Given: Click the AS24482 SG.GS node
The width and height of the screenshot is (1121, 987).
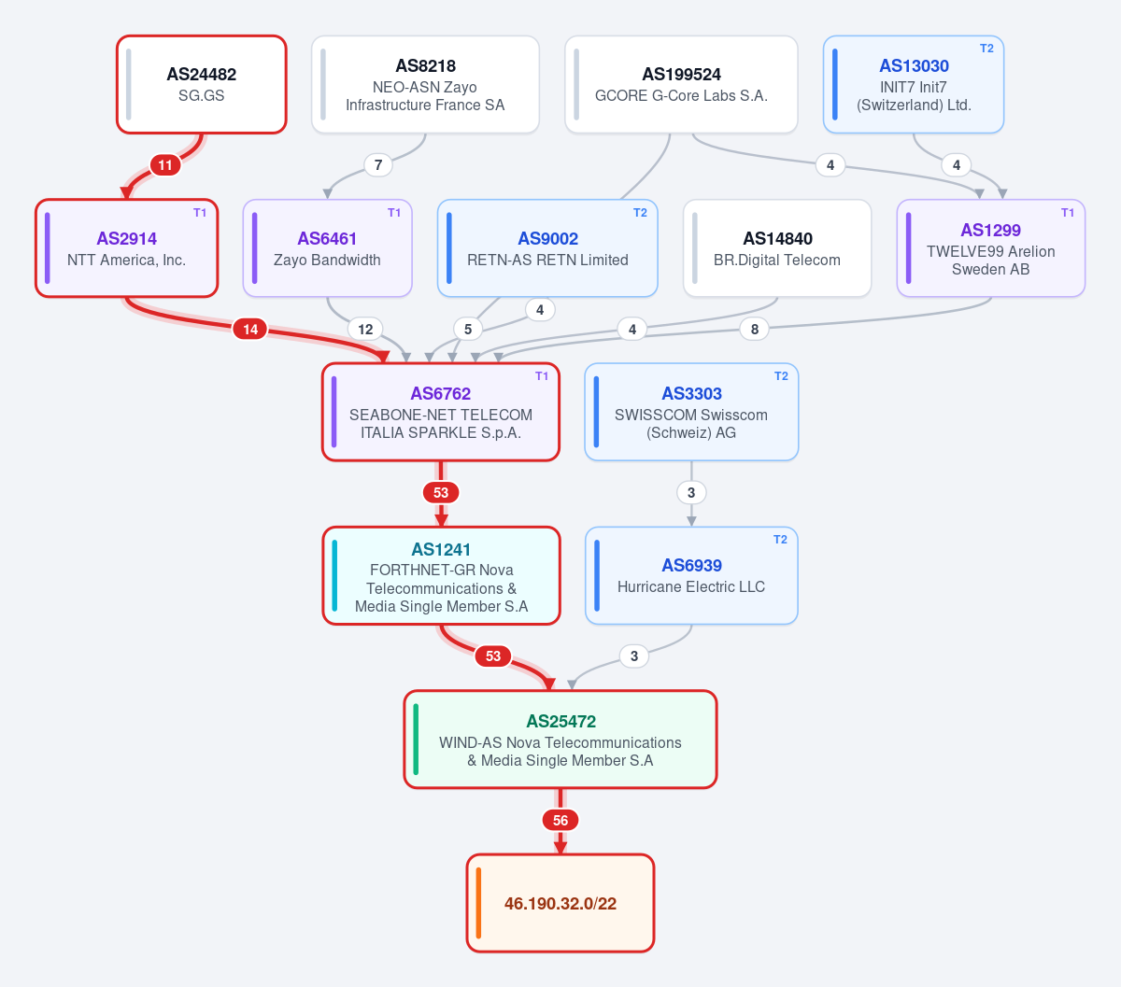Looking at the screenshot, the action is pyautogui.click(x=202, y=85).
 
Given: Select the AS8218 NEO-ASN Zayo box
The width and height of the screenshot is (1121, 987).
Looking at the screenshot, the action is pyautogui.click(x=425, y=85).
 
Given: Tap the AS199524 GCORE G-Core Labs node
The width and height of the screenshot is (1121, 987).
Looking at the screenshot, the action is pyautogui.click(x=681, y=85).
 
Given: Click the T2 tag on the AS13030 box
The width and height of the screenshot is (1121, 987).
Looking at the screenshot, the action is pyautogui.click(x=986, y=49).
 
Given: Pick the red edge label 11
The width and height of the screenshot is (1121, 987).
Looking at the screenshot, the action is pyautogui.click(x=165, y=165).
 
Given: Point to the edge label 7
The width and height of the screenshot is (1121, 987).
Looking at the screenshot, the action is pyautogui.click(x=378, y=165).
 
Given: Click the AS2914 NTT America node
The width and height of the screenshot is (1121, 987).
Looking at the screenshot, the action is pyautogui.click(x=127, y=248).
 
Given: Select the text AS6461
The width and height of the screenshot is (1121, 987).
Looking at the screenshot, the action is pyautogui.click(x=327, y=238).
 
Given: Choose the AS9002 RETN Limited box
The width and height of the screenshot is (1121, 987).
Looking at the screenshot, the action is pyautogui.click(x=547, y=248).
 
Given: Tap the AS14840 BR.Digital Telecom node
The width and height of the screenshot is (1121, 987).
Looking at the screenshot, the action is pyautogui.click(x=777, y=248).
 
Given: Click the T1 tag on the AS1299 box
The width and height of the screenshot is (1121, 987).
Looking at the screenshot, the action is pyautogui.click(x=1068, y=213).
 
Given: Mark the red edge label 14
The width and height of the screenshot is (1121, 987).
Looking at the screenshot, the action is pyautogui.click(x=250, y=330).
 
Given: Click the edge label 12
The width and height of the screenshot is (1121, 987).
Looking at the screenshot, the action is pyautogui.click(x=365, y=330).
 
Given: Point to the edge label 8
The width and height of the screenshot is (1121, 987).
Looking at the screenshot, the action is pyautogui.click(x=754, y=330).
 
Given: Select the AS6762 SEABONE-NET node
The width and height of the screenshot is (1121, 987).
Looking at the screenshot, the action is pyautogui.click(x=441, y=412).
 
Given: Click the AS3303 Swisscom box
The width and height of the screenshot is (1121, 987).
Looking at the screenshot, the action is pyautogui.click(x=691, y=412).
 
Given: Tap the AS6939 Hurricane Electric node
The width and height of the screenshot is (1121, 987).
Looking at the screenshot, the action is pyautogui.click(x=691, y=575).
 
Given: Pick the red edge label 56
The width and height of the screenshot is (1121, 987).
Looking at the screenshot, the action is pyautogui.click(x=560, y=820).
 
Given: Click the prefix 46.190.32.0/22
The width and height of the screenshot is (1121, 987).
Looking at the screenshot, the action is pyautogui.click(x=560, y=904).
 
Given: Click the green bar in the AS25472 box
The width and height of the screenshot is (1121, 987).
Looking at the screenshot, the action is pyautogui.click(x=416, y=740).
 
